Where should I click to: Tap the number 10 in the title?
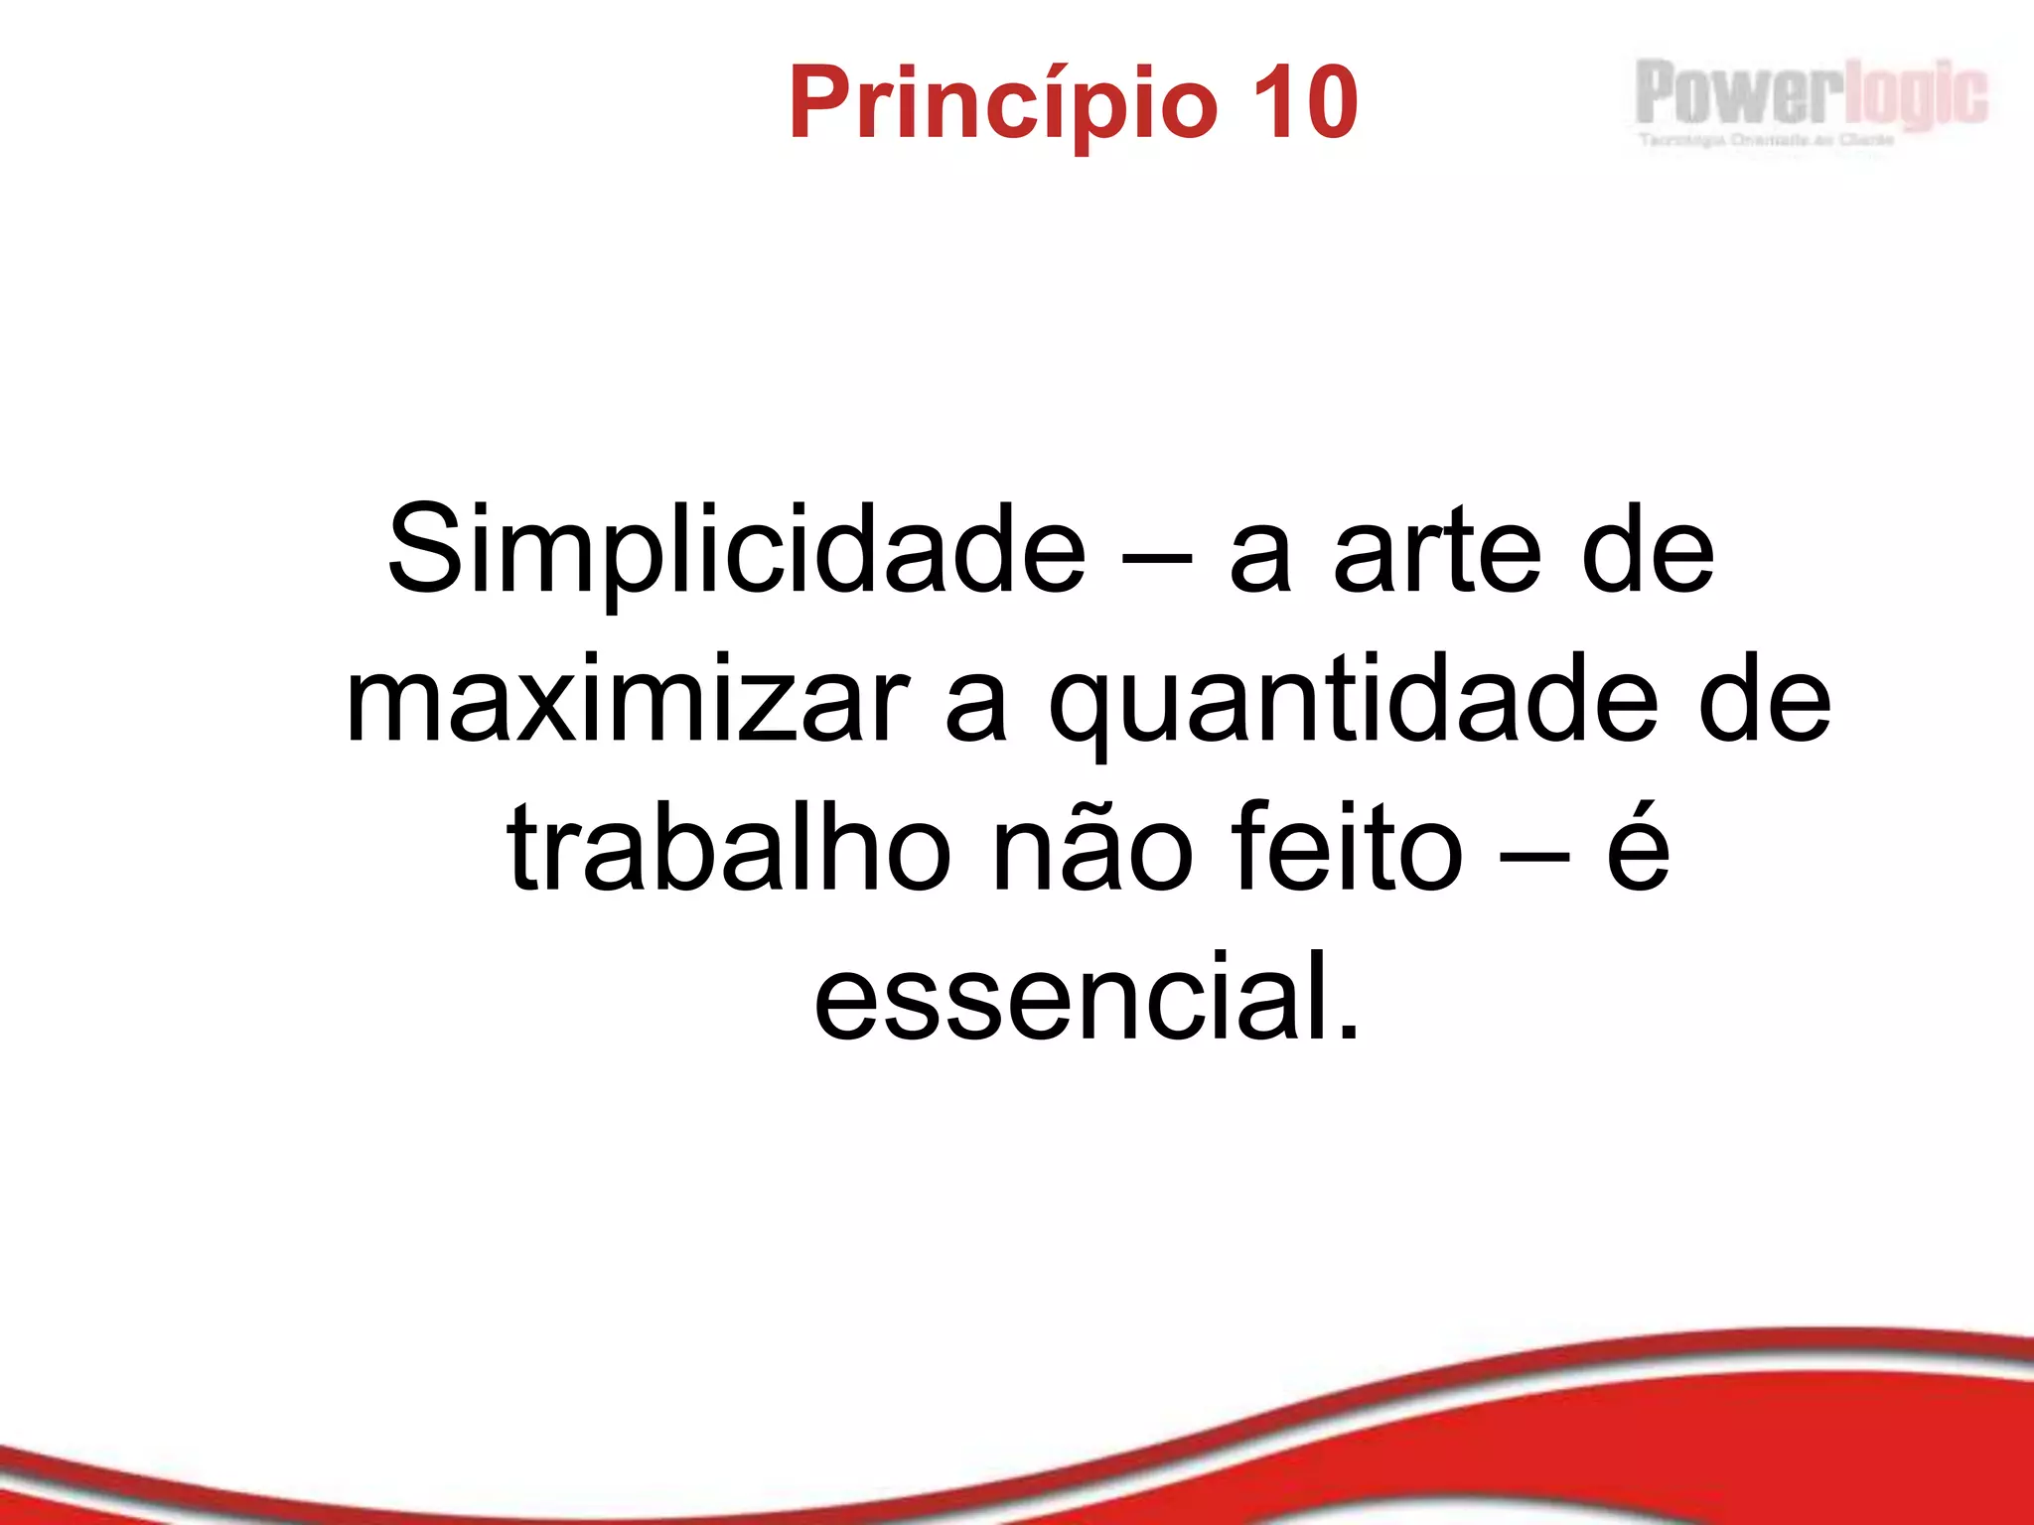[x=1305, y=102]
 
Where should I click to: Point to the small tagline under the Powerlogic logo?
[x=1766, y=140]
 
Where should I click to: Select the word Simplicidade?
[x=736, y=551]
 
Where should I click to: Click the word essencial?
[x=1073, y=998]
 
